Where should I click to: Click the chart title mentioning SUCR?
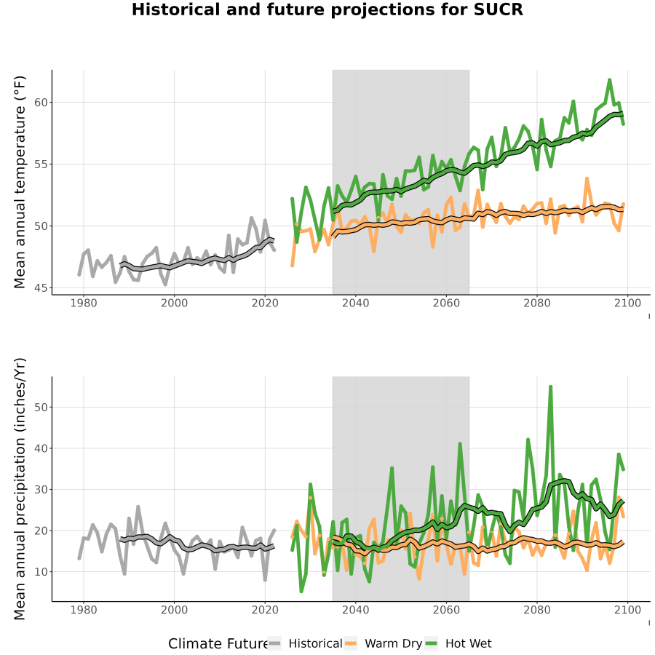coord(327,9)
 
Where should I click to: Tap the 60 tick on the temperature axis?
coord(41,103)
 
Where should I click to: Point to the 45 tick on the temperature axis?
coord(41,287)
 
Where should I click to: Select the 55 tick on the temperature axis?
coord(41,164)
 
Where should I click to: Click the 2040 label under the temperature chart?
coord(355,303)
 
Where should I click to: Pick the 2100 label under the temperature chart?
coord(627,303)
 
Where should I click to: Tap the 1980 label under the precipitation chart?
coord(84,610)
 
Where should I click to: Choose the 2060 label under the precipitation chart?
coord(446,610)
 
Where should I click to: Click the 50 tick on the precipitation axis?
coord(41,407)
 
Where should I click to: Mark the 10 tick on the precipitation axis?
coord(41,571)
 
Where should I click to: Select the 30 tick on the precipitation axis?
coord(41,489)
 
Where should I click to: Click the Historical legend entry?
coord(305,643)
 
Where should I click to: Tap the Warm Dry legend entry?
coord(383,643)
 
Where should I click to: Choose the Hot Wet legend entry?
coord(458,643)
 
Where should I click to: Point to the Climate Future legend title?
coord(218,644)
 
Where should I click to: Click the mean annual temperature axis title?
coord(20,182)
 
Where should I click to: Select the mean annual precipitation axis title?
coord(20,489)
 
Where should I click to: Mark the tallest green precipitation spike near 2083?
coord(551,387)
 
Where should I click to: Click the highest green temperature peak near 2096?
coord(609,80)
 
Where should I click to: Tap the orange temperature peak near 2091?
coord(587,179)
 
